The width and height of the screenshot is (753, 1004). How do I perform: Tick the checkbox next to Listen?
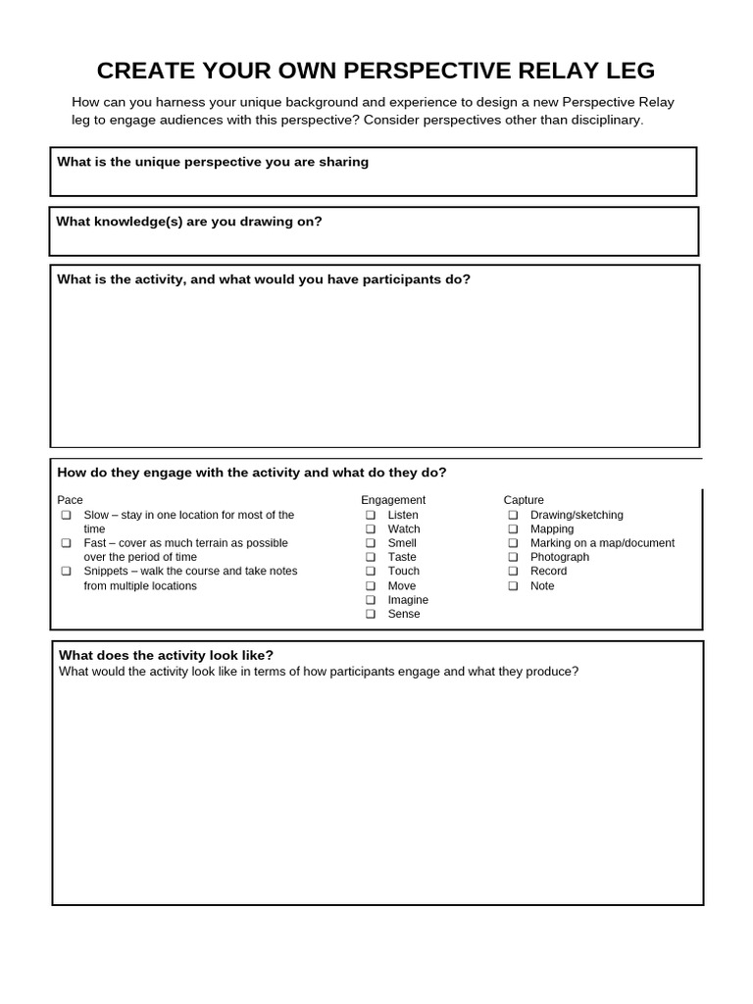371,515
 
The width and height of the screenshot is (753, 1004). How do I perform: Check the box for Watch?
371,529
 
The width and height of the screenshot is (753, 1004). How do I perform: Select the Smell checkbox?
371,543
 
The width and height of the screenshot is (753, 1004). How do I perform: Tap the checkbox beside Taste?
371,557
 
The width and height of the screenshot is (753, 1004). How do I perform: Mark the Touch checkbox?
371,572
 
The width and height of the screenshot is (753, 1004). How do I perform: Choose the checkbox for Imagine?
371,600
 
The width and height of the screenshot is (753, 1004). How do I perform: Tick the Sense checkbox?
371,614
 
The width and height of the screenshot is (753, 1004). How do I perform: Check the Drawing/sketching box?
513,515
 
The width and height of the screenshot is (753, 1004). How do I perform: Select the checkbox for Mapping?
513,529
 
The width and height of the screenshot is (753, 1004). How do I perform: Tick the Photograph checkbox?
513,557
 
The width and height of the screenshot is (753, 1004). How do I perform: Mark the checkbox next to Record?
513,572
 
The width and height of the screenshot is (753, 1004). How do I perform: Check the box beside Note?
513,586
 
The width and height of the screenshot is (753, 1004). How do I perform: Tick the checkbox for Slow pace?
66,515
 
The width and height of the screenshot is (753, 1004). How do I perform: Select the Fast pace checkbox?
66,543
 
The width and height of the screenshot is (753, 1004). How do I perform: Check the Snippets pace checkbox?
66,572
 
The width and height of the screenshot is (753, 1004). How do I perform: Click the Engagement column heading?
393,500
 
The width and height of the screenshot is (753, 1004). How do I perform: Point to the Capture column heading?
524,500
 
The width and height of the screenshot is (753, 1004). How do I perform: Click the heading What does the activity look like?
167,655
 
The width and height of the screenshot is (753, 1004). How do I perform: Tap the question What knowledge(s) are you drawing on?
189,222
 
